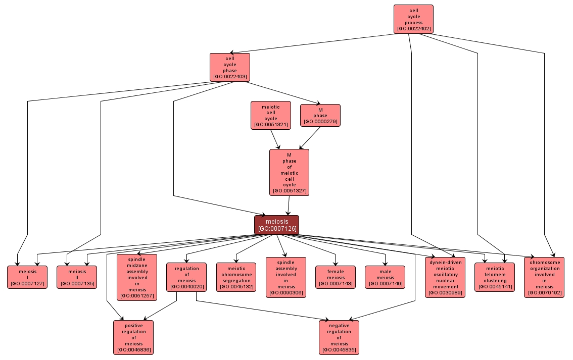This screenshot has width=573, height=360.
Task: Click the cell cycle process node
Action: [x=413, y=19]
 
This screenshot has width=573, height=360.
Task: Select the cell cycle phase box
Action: [x=230, y=67]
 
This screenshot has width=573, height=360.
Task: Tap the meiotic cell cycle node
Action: [x=271, y=116]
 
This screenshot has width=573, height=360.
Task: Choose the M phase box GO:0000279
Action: [x=320, y=115]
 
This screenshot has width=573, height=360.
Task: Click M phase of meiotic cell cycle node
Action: [x=289, y=172]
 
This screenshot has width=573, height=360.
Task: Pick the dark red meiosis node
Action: [x=276, y=225]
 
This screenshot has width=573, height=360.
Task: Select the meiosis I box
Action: [x=27, y=277]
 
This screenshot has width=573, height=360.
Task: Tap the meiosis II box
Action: [x=76, y=277]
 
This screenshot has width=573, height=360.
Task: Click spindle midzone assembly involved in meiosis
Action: [x=137, y=277]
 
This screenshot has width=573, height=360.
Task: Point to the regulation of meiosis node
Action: [x=186, y=277]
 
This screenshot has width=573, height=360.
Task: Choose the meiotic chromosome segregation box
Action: [x=236, y=277]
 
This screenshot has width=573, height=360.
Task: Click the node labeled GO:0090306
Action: [x=285, y=277]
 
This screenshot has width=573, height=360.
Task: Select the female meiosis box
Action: [x=336, y=277]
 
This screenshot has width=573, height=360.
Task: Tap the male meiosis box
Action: [x=385, y=277]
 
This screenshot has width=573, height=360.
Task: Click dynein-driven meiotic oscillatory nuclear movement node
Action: [x=445, y=277]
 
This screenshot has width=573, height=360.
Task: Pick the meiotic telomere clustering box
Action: [x=495, y=277]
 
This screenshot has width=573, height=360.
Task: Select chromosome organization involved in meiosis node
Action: [x=544, y=277]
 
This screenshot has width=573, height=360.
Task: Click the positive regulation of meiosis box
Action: [x=133, y=337]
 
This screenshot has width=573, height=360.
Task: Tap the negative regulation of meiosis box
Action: [x=339, y=337]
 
